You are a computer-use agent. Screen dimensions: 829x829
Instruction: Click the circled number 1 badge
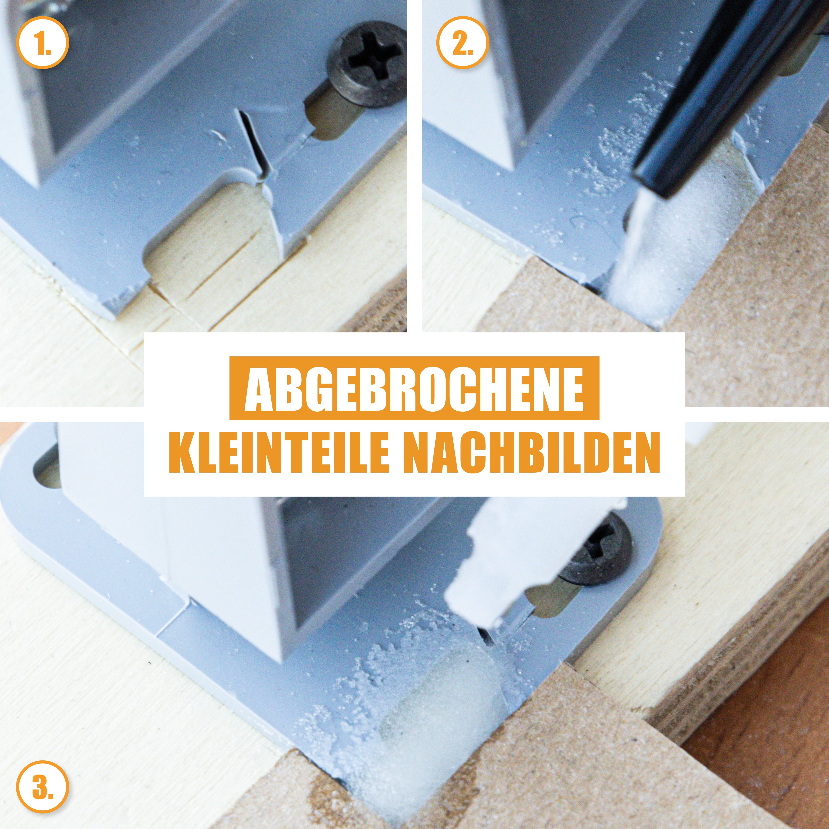pos(43,43)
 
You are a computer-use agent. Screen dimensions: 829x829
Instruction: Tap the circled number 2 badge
pos(463,43)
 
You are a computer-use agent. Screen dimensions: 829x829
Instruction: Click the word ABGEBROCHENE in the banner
pos(414,388)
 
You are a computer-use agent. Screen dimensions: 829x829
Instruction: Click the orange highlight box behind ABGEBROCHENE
pos(414,388)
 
